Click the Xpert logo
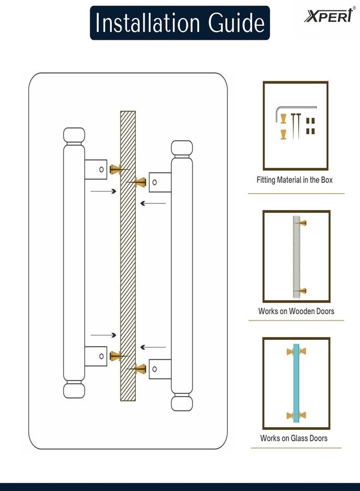329,15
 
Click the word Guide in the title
236,22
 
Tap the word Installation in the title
147,22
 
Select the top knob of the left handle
74,135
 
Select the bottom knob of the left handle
74,390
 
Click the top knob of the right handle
182,148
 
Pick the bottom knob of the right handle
182,403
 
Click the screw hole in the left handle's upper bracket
101,170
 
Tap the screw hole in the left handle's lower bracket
101,356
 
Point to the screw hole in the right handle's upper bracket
155,182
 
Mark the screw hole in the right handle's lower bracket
155,369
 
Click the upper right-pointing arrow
104,191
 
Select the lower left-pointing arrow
153,347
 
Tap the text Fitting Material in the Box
295,179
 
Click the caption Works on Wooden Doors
296,311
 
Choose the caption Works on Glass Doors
293,438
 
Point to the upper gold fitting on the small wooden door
303,223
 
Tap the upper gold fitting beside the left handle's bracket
115,170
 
